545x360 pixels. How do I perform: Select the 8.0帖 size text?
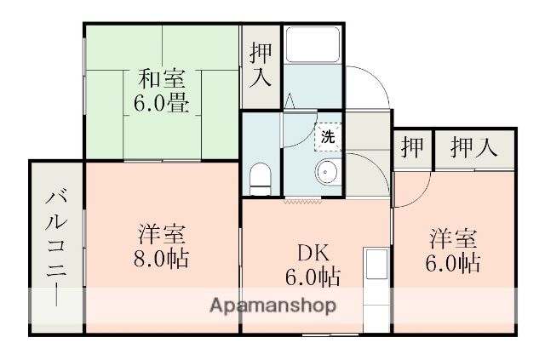click(162, 258)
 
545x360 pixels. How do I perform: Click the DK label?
click(313, 253)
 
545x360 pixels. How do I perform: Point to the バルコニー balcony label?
click(55, 247)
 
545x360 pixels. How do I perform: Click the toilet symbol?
click(261, 178)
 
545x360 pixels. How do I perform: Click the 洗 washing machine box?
click(328, 134)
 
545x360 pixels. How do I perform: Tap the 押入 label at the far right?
click(473, 146)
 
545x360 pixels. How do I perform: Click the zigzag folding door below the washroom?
click(304, 201)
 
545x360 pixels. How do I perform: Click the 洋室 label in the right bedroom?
click(453, 236)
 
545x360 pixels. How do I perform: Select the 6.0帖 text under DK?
click(313, 277)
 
